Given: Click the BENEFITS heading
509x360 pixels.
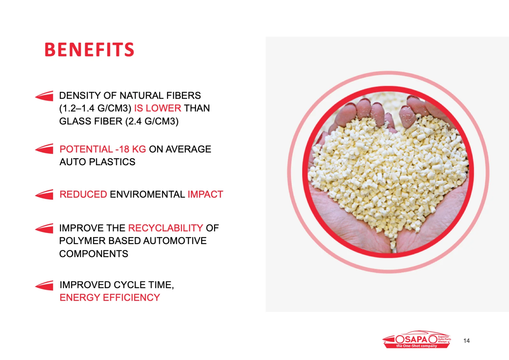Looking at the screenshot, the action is tap(89, 49).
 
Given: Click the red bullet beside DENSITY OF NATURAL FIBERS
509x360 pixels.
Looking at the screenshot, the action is tap(44, 96).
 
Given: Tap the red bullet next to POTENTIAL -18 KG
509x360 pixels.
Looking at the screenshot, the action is tap(44, 149).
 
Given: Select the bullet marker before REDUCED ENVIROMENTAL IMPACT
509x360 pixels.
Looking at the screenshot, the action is tap(44, 194).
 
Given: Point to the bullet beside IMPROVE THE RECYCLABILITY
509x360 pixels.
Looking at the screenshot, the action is tap(44, 228).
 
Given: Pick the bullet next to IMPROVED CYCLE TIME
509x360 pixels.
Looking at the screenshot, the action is tap(44, 285).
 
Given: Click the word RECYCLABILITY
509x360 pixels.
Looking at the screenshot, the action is tap(166, 228).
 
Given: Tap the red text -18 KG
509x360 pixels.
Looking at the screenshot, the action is tap(131, 149).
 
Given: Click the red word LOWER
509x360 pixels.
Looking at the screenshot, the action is tap(164, 108).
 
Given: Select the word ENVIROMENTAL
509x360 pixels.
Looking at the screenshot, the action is tap(148, 194).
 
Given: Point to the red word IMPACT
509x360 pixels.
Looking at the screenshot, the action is tap(206, 194).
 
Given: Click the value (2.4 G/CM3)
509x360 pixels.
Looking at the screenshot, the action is tap(152, 121).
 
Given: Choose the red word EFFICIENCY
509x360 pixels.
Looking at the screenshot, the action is tap(131, 298).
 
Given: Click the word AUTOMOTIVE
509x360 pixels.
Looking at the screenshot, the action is tap(175, 241).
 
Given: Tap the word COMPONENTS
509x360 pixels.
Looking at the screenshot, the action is tap(94, 254).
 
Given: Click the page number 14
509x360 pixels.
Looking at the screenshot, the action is tap(466, 341).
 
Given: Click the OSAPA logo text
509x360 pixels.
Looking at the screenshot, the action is tap(415, 339).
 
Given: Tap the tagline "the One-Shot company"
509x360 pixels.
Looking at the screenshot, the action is tap(416, 346).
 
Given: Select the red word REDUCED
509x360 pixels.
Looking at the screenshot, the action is tap(83, 194).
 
